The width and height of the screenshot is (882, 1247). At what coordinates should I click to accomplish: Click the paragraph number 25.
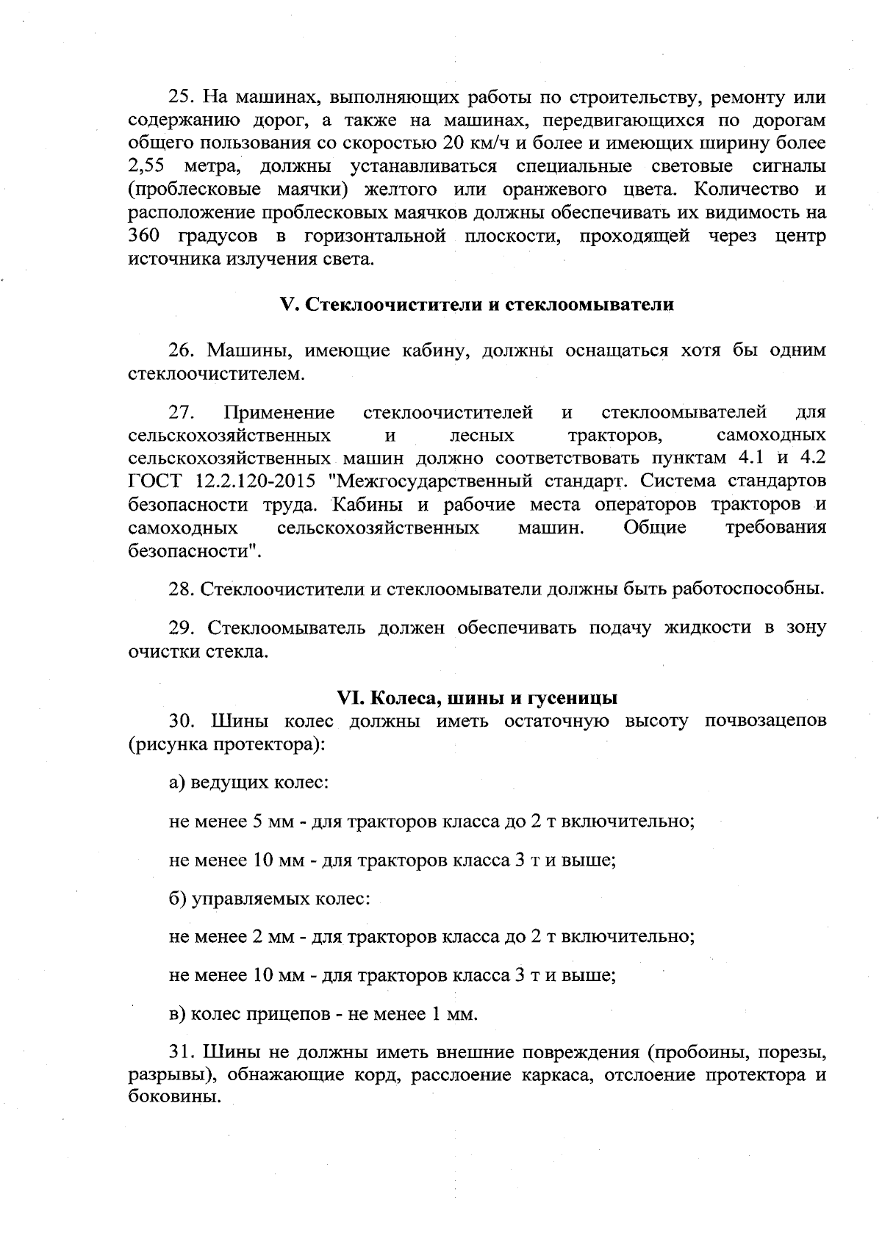pos(181,97)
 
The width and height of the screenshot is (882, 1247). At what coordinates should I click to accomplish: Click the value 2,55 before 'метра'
pos(145,167)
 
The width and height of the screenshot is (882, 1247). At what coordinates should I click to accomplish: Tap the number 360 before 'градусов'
pos(145,237)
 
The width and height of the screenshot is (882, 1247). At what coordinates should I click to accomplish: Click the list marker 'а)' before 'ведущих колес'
pos(178,783)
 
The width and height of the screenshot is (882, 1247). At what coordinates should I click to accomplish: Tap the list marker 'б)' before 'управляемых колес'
pos(178,899)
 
